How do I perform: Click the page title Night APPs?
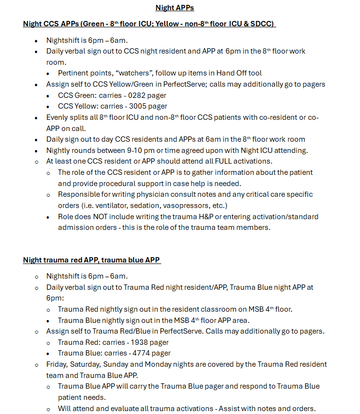(x=174, y=7)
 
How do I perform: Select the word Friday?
(x=58, y=364)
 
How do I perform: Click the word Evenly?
(x=58, y=117)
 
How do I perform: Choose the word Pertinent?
(x=73, y=73)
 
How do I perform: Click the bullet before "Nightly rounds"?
(x=36, y=151)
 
